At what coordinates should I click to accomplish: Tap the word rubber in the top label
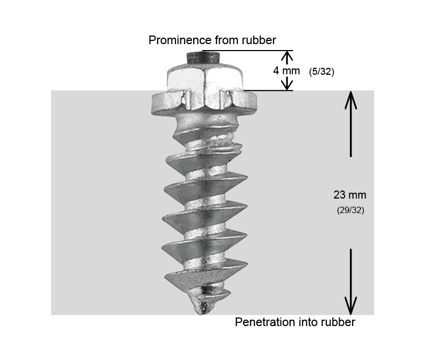point(261,40)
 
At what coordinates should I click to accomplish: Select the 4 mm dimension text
point(286,70)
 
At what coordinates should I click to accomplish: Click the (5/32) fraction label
point(322,72)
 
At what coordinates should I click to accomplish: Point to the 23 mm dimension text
point(350,195)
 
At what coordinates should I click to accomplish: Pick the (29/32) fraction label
point(350,210)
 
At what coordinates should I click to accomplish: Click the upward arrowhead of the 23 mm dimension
point(350,99)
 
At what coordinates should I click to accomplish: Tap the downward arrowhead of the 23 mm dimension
point(350,307)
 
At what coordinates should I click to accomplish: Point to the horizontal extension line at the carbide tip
point(248,51)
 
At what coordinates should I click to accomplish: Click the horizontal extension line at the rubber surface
point(269,90)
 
